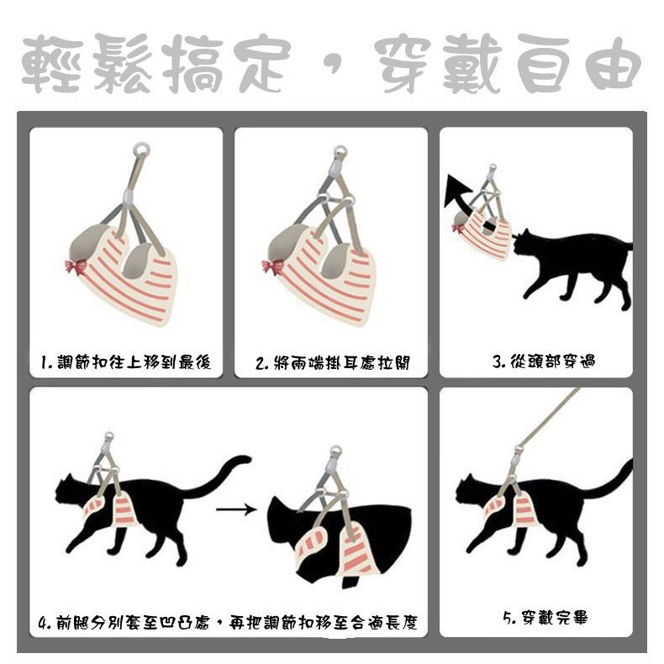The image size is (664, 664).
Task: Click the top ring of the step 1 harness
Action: (141, 150)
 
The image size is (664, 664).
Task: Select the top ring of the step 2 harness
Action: (340, 151)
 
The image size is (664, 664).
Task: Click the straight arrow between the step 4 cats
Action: (236, 509)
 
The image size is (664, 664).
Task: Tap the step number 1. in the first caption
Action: (47, 363)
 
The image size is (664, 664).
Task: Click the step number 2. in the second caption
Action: (262, 363)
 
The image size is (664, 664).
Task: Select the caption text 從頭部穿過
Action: (553, 361)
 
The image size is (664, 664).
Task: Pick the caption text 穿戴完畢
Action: (555, 618)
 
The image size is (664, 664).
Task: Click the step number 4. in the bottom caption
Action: (45, 623)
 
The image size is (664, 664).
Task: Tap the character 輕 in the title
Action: (52, 64)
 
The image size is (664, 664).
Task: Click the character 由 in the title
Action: (613, 64)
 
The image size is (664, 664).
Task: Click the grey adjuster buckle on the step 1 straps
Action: (129, 196)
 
